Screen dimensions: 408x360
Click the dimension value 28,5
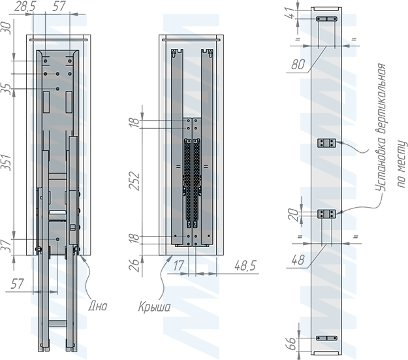[x=25, y=7]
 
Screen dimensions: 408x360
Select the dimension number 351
[x=7, y=163]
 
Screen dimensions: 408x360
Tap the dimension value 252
[x=134, y=181]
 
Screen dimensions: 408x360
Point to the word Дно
[x=97, y=306]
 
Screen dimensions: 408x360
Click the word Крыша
[x=154, y=307]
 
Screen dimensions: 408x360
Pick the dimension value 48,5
[x=245, y=266]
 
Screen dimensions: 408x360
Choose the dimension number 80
[x=298, y=64]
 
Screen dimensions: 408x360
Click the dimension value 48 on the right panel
[x=298, y=260]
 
